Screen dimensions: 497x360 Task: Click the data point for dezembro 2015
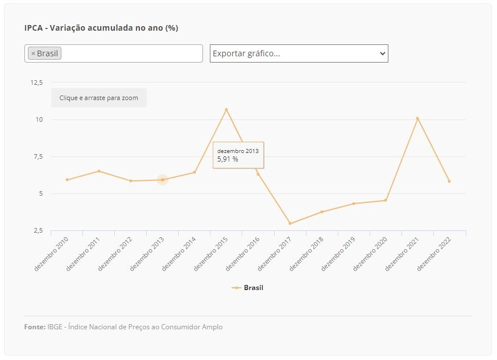click(x=226, y=110)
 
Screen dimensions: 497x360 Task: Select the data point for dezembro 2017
click(x=290, y=224)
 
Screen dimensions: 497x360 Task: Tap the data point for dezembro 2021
click(x=417, y=118)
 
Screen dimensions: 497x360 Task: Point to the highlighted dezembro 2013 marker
click(x=163, y=180)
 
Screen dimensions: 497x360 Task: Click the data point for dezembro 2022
click(x=449, y=181)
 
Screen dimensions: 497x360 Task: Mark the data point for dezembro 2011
click(x=99, y=171)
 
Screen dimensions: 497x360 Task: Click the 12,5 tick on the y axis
click(x=36, y=82)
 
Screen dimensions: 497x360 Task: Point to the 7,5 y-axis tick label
click(x=38, y=156)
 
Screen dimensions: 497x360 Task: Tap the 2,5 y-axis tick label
click(x=38, y=231)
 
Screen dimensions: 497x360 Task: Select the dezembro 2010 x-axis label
click(x=51, y=254)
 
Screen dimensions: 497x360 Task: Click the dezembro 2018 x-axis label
click(x=306, y=254)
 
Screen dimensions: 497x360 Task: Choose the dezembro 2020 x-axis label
click(x=370, y=254)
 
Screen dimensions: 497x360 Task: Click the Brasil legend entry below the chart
click(x=247, y=288)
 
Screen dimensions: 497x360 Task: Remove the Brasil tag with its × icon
click(x=33, y=53)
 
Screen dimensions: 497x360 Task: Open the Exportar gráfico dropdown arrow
click(x=383, y=53)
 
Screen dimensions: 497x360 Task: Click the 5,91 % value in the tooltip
click(x=227, y=159)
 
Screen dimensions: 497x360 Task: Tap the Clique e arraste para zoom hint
click(x=98, y=98)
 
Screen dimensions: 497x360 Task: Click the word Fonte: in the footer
click(x=35, y=327)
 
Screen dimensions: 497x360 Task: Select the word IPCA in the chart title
click(x=34, y=28)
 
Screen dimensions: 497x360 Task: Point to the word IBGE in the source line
click(x=55, y=327)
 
